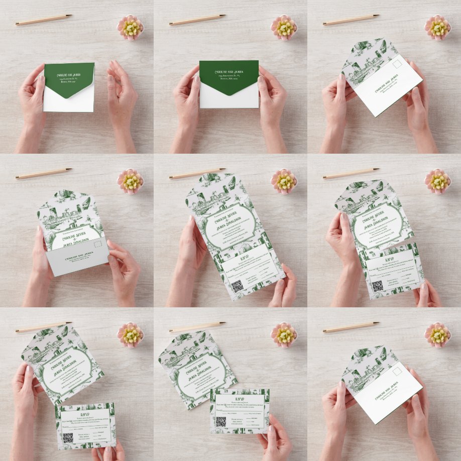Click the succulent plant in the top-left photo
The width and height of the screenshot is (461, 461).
pyautogui.click(x=131, y=27)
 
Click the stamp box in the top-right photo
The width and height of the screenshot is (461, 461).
pyautogui.click(x=399, y=64)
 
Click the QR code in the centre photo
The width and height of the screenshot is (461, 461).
pyautogui.click(x=237, y=286)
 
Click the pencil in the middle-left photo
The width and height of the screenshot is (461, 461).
pyautogui.click(x=43, y=173)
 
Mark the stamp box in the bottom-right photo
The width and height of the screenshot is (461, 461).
pyautogui.click(x=399, y=372)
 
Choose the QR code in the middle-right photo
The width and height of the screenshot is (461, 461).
pyautogui.click(x=377, y=285)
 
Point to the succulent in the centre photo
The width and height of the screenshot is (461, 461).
pyautogui.click(x=284, y=181)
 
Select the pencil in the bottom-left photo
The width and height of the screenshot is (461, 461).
pyautogui.click(x=43, y=327)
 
